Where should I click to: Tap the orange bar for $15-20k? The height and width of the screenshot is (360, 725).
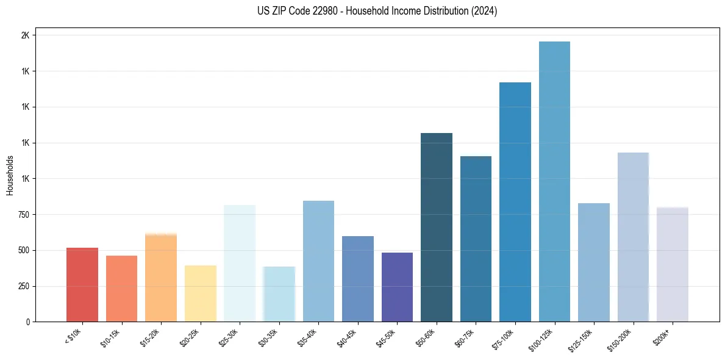(161, 278)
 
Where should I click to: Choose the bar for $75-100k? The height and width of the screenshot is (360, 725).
(515, 202)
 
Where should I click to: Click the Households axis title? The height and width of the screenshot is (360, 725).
(10, 175)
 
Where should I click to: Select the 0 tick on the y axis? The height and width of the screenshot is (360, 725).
(28, 322)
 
